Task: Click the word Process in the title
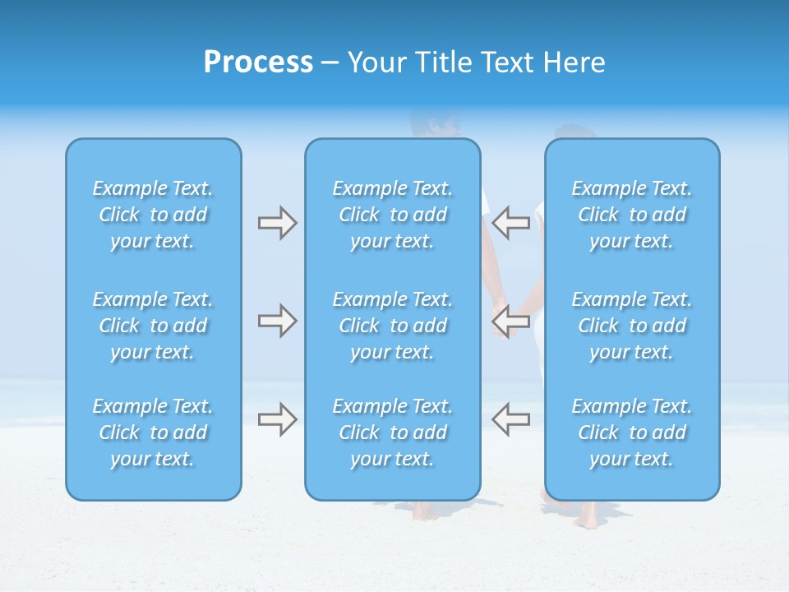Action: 258,62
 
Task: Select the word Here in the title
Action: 573,62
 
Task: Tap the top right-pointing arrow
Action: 277,223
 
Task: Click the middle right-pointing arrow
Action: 277,321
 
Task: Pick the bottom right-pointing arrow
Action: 277,419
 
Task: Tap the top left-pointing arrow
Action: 510,223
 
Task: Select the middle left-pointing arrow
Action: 510,321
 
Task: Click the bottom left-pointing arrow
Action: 510,419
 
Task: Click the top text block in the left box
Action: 153,215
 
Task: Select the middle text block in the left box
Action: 153,326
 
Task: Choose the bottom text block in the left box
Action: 153,432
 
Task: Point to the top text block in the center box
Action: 393,215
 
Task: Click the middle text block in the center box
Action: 393,326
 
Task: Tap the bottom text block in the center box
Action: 393,432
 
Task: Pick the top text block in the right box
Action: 632,215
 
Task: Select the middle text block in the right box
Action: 632,326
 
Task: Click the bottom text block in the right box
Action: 632,432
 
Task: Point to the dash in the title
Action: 330,63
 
